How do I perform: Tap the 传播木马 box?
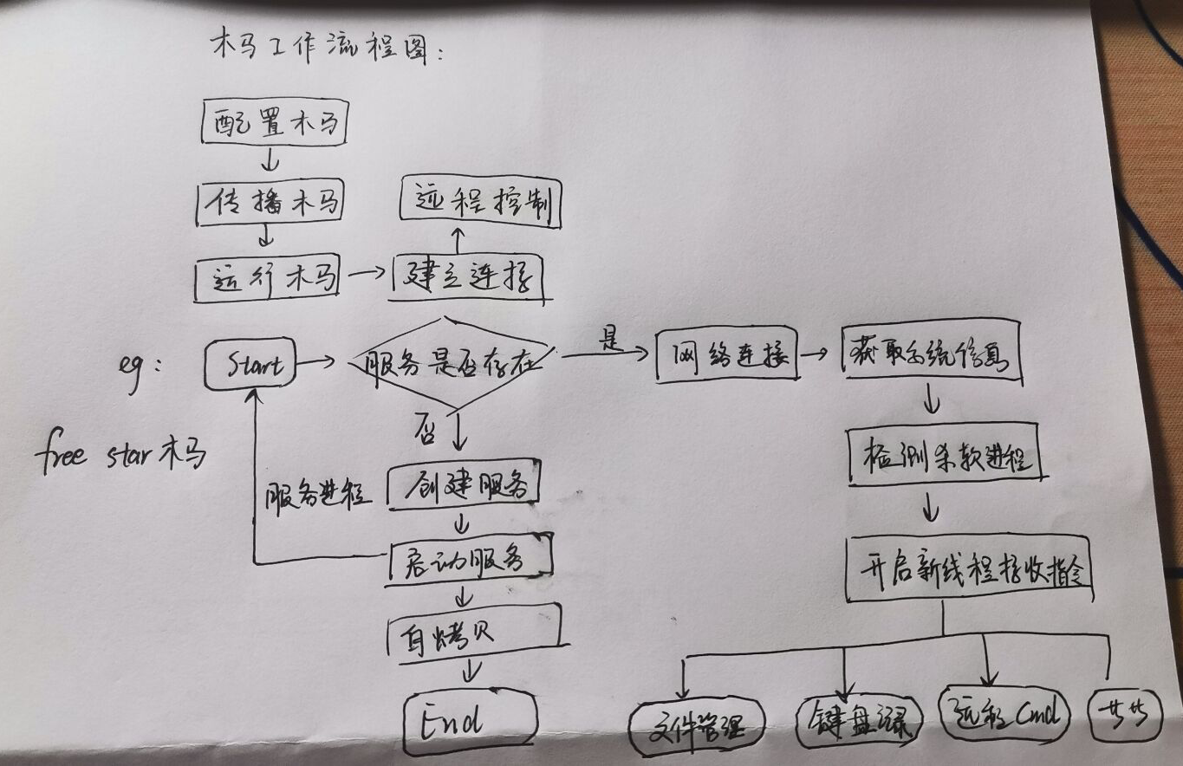click(x=270, y=204)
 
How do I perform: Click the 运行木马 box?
click(x=266, y=279)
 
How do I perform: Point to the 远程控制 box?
click(x=480, y=204)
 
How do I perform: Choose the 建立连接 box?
click(x=468, y=278)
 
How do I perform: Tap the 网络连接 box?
click(x=726, y=355)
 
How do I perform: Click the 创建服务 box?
click(x=464, y=487)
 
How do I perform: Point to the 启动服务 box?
click(x=469, y=562)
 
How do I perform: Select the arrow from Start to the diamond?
click(x=315, y=362)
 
